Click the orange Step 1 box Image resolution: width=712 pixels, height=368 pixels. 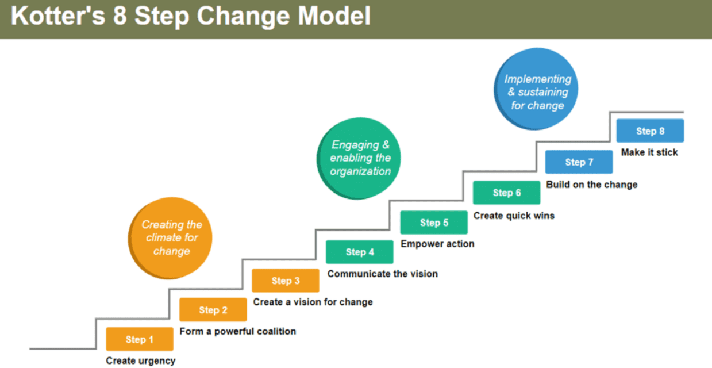pos(139,339)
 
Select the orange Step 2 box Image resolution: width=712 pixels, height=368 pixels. pos(213,310)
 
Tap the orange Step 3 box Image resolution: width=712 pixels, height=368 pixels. pos(285,281)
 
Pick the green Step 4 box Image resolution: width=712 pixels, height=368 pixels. pos(359,252)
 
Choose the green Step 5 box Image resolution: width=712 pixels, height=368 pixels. pos(434,223)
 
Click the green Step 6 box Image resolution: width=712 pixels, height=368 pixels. pos(506,193)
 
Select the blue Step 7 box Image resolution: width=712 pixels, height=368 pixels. pos(579,162)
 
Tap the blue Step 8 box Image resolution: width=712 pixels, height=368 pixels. pos(650,131)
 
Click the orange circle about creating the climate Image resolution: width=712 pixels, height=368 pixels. pos(170,238)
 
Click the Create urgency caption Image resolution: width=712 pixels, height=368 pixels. pos(140,361)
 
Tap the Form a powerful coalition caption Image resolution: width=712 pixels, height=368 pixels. pos(238,331)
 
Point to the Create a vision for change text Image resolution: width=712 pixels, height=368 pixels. pos(313,302)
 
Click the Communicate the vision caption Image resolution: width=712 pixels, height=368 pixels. pos(382,274)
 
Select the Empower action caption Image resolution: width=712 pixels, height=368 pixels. pos(437,244)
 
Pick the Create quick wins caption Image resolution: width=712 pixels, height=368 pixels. pos(514,216)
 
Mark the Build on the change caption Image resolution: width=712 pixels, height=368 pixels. pos(591,185)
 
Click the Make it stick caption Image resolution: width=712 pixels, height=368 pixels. pos(649,152)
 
